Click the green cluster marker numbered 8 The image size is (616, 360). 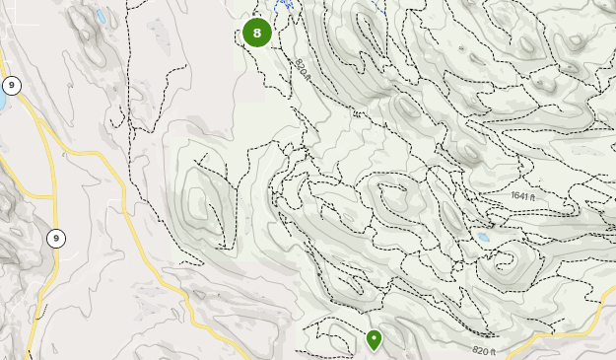coord(257,33)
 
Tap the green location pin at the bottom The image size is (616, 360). coord(375,341)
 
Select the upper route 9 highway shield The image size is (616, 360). coord(11,85)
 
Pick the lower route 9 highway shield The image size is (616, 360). coord(56,238)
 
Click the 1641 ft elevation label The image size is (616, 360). coord(522,196)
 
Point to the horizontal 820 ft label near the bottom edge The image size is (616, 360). coord(484,350)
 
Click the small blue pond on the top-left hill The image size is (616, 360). coord(101,17)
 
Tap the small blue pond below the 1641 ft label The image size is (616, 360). coord(482,239)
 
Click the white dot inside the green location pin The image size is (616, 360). coord(375,338)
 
